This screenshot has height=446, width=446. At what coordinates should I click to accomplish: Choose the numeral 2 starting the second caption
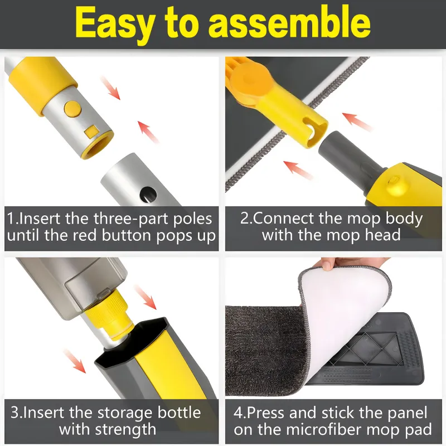tap(245, 217)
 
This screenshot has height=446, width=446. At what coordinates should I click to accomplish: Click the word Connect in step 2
tap(284, 217)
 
